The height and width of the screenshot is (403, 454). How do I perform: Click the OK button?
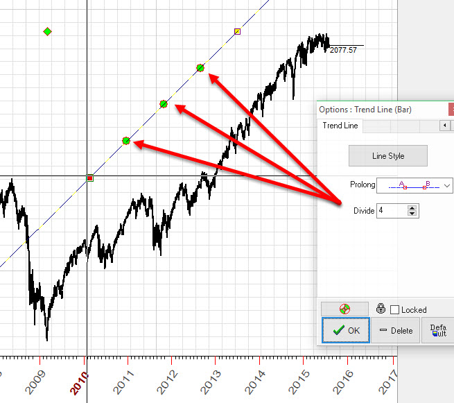[346, 330]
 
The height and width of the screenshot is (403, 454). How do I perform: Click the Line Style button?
[387, 156]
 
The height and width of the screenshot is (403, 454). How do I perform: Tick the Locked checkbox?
[395, 310]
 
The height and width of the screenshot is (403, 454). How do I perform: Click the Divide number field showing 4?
[392, 210]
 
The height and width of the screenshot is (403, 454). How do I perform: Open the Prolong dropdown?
[446, 185]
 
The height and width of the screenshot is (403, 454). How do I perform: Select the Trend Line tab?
[340, 126]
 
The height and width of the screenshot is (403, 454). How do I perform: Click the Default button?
[438, 330]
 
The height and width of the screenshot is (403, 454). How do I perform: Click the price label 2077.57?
[343, 50]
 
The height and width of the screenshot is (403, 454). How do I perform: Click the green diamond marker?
[47, 31]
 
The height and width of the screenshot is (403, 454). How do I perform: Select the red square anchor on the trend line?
[89, 178]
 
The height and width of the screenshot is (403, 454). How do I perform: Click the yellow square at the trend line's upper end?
[238, 31]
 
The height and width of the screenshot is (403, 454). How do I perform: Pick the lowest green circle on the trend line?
[126, 141]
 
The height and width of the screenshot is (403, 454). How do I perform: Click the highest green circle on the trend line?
[200, 67]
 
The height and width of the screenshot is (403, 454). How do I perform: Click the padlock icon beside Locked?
[381, 309]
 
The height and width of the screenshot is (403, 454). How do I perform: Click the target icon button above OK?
[344, 309]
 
